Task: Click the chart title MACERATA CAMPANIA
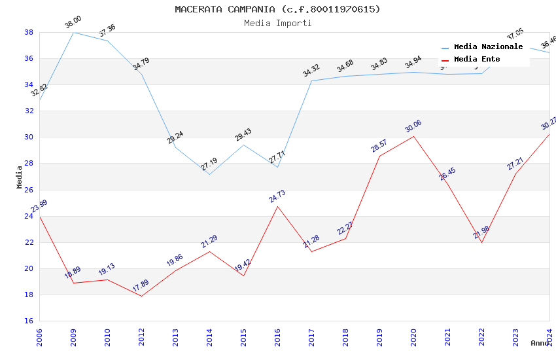[x=277, y=9]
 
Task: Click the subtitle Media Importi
[x=277, y=23]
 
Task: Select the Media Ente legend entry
[x=477, y=60]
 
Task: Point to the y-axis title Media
[x=20, y=177]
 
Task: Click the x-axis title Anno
[x=540, y=343]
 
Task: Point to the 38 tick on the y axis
[x=29, y=32]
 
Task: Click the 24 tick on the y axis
[x=29, y=216]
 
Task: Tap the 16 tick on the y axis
[x=29, y=321]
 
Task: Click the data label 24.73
[x=277, y=196]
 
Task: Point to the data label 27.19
[x=209, y=164]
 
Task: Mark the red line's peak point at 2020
[x=413, y=136]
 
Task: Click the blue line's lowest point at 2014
[x=209, y=174]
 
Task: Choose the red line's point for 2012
[x=141, y=296]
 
